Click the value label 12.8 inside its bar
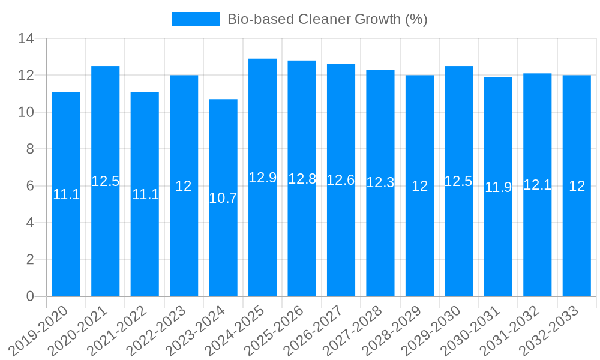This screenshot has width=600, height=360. (302, 179)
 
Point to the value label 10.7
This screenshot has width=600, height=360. (223, 198)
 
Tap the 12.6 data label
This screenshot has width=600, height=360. (341, 180)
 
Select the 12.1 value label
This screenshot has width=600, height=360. (537, 185)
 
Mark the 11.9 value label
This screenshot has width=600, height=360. (498, 187)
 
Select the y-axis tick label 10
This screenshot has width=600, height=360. (26, 112)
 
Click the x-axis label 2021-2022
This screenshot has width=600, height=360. (122, 330)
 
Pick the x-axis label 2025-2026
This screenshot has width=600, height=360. (280, 330)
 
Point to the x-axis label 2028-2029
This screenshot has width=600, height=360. (397, 330)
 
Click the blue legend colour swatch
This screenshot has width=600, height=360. (196, 19)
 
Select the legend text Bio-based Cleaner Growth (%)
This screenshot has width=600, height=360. (327, 19)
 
